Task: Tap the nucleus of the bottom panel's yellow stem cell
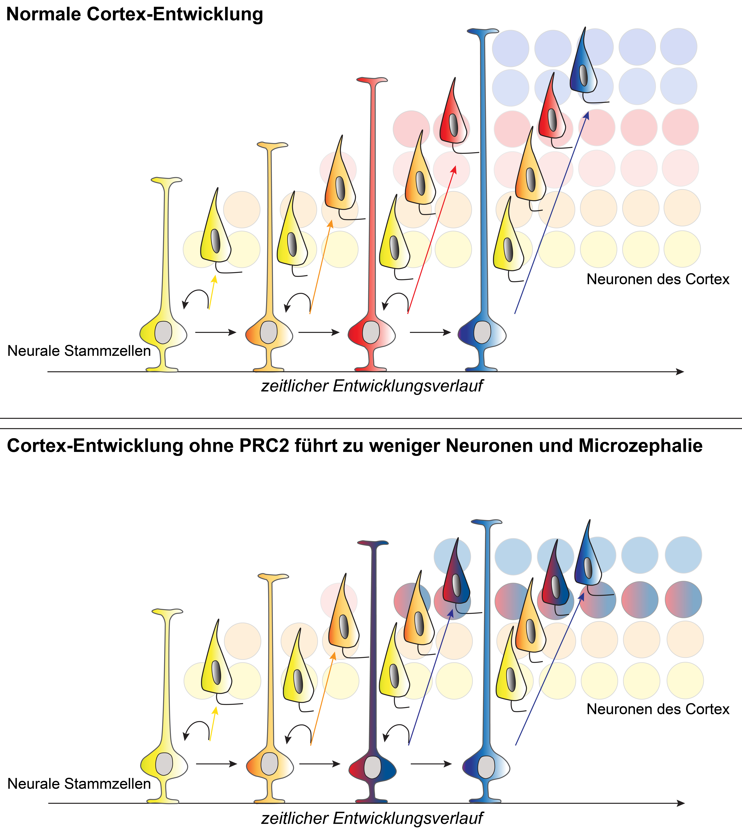pyautogui.click(x=164, y=764)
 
